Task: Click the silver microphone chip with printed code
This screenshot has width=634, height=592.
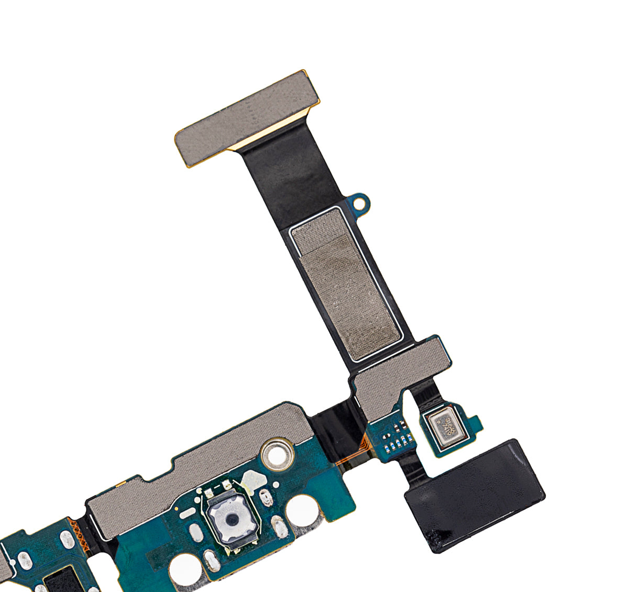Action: click(x=443, y=423)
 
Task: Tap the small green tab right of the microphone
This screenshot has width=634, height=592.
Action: click(x=474, y=422)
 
